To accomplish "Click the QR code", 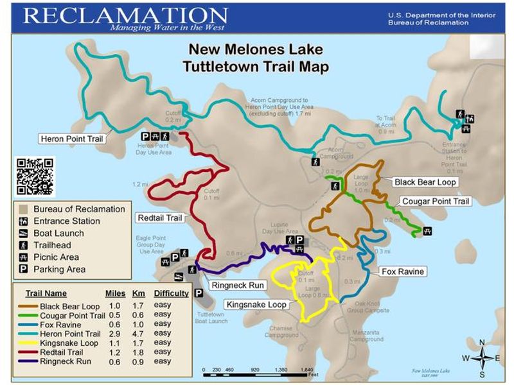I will [35, 176].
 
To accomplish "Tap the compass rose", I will [486, 358].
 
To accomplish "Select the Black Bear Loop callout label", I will [425, 182].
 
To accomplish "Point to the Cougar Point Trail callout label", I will [436, 201].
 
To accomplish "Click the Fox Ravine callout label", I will [402, 271].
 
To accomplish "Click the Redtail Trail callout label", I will [159, 218].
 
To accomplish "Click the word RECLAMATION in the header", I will [126, 15].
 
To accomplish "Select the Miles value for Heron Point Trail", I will [115, 334].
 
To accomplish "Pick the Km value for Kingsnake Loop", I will [138, 343].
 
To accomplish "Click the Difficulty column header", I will [172, 293].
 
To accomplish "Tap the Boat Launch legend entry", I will [58, 234].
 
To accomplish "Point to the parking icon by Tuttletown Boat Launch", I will [199, 293].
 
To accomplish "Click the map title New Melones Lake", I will [255, 50].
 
